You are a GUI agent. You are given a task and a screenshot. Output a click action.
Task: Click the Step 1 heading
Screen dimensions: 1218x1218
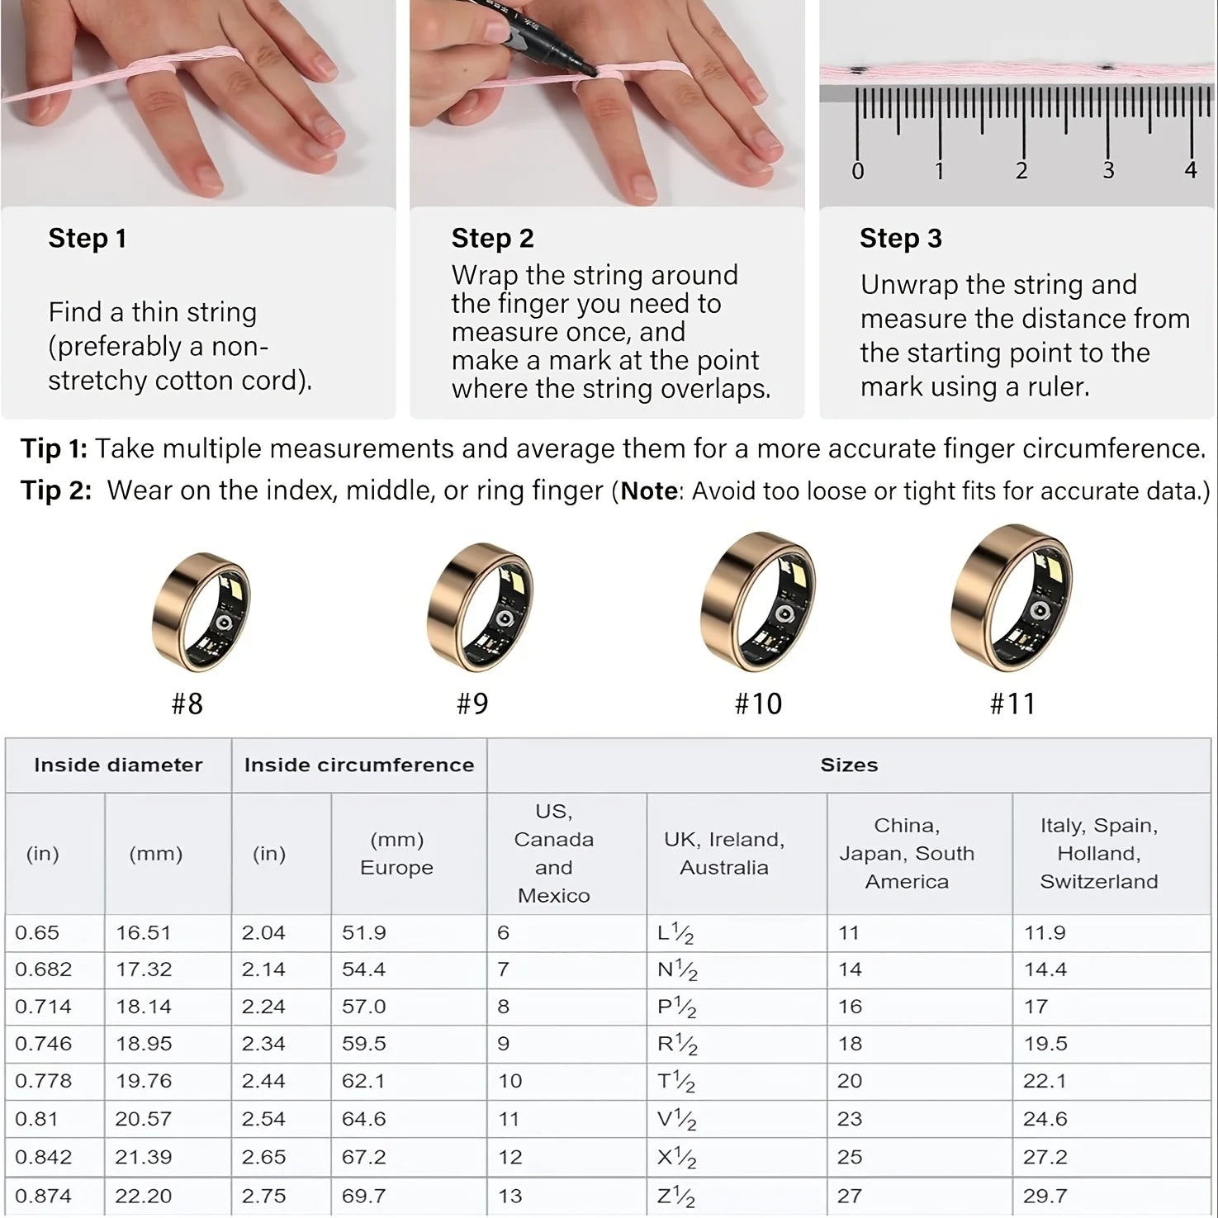point(87,239)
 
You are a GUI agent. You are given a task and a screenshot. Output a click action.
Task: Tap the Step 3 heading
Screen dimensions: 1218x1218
point(900,239)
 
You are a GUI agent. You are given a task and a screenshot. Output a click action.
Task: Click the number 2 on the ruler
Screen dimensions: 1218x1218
point(1021,171)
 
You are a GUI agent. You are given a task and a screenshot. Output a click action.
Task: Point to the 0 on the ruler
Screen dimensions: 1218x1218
point(858,171)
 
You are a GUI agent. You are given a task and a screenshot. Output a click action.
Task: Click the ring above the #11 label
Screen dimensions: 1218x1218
point(1012,600)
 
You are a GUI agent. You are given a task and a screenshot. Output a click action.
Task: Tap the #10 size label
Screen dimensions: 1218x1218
point(758,704)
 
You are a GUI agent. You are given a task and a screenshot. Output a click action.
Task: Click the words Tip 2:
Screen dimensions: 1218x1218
point(56,491)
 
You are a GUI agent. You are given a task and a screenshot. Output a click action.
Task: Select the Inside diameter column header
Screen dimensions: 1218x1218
point(118,765)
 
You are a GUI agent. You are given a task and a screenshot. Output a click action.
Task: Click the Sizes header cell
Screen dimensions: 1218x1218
point(849,765)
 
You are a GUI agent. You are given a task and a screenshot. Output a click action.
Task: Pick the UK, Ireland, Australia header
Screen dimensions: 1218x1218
point(724,854)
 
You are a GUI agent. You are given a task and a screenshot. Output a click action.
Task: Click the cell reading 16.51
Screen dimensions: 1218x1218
point(143,933)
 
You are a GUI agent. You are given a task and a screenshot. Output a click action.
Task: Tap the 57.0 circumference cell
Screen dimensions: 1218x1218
point(363,1007)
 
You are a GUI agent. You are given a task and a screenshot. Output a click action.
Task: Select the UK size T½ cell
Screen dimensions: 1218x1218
point(676,1081)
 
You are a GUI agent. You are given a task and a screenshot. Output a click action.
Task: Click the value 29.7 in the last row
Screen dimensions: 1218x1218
point(1045,1196)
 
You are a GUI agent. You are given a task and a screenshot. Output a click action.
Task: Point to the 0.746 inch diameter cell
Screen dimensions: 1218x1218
point(43,1044)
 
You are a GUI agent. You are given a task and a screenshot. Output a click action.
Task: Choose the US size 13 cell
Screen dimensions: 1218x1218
point(510,1196)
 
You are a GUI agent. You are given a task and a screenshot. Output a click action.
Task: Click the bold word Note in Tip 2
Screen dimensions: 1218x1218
point(649,491)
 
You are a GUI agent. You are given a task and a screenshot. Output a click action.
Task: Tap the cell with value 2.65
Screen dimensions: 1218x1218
point(263,1157)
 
